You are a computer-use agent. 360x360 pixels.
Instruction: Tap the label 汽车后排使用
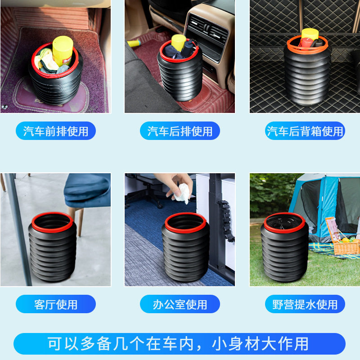click(180, 131)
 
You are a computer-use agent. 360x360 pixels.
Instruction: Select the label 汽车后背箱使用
click(305, 131)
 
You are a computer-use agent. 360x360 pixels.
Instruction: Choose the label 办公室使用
click(180, 304)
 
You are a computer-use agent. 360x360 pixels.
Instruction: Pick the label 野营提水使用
click(305, 304)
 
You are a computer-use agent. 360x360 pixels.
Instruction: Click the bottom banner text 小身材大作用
click(259, 344)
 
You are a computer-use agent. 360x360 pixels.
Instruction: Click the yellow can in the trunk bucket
click(309, 35)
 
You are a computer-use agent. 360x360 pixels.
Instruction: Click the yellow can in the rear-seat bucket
click(179, 43)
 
